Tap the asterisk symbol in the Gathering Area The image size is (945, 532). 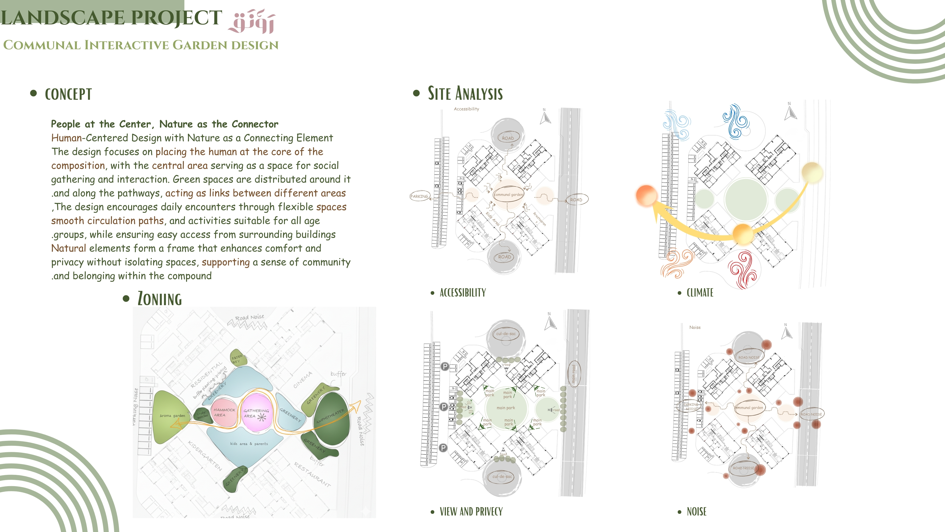[262, 417]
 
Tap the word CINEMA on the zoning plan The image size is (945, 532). [303, 380]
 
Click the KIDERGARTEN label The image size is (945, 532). [205, 455]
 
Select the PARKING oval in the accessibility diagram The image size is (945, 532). [419, 197]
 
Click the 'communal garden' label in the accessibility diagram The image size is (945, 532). [508, 195]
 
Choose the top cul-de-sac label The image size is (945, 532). [506, 334]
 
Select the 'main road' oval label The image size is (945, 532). [574, 374]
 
